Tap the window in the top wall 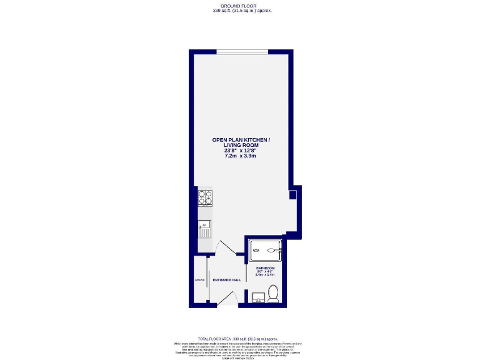click(243, 51)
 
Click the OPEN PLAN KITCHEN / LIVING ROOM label click(241, 143)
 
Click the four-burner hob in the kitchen click(204, 197)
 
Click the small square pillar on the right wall click(292, 196)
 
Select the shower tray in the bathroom click(265, 251)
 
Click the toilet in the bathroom click(272, 292)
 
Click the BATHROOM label click(265, 268)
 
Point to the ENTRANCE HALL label click(227, 280)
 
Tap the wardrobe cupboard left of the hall click(200, 279)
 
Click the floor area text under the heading click(241, 11)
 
